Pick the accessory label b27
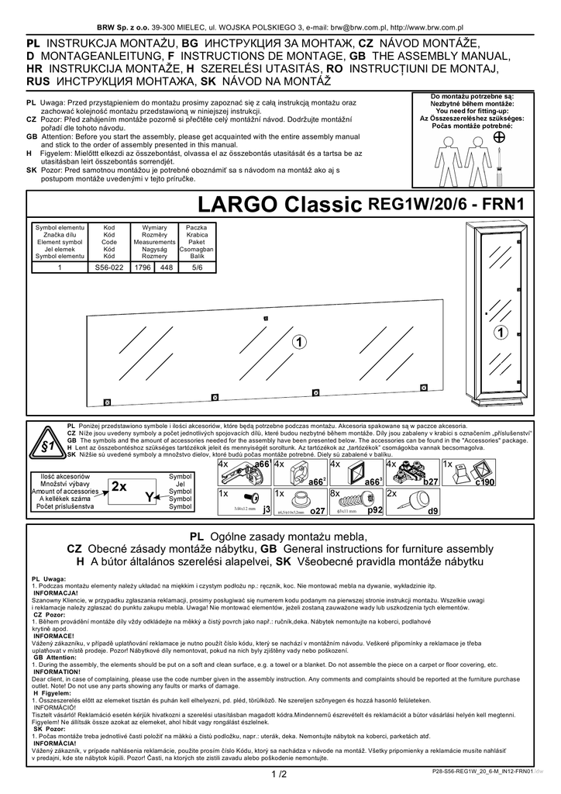(x=431, y=482)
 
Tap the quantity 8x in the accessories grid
(x=336, y=493)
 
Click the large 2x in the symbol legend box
(x=119, y=487)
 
